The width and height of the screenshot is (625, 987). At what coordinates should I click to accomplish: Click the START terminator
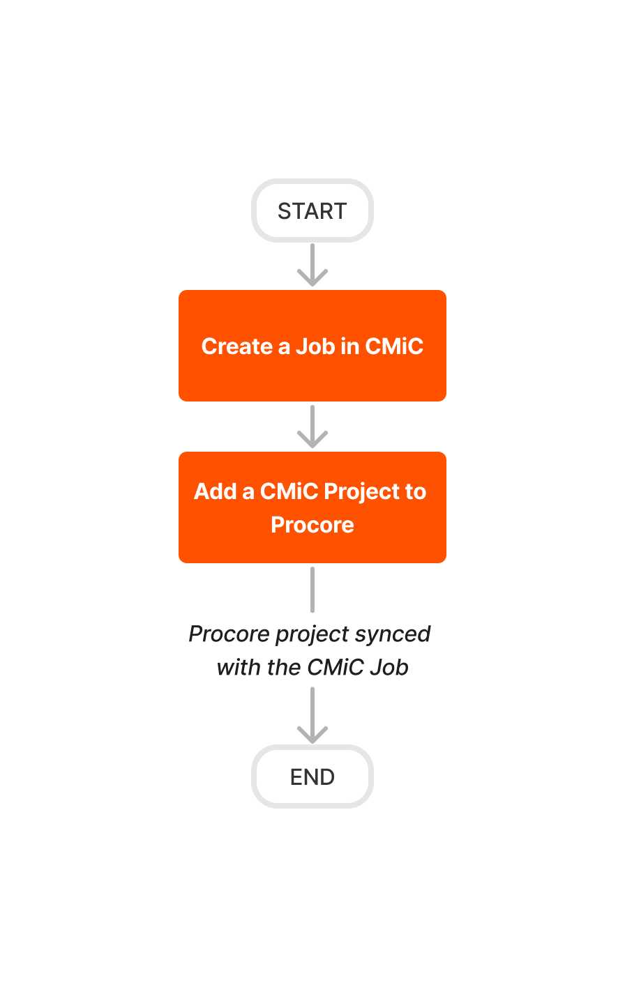point(312,211)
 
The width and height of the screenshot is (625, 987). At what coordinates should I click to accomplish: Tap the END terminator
point(312,776)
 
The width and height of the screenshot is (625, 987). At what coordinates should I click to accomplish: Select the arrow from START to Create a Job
point(312,265)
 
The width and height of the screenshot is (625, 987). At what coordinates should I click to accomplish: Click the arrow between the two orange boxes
point(312,427)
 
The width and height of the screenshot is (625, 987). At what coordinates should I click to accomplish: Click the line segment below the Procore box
point(312,590)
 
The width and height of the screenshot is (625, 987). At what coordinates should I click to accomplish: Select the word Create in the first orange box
point(236,346)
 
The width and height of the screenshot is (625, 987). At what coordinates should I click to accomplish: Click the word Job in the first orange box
point(315,346)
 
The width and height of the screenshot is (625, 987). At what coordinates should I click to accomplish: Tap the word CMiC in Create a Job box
point(394,346)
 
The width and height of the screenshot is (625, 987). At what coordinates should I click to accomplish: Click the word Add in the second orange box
point(216,491)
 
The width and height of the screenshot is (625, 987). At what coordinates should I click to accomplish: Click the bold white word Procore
point(312,525)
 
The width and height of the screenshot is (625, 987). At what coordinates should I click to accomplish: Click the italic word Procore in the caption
point(229,634)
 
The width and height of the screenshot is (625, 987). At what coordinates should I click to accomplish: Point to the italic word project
point(312,634)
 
